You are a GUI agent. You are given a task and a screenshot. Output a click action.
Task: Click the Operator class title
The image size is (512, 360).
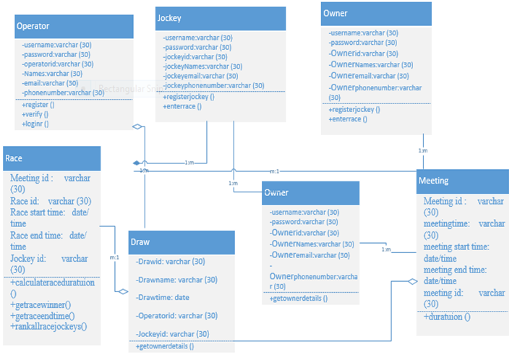point(33,26)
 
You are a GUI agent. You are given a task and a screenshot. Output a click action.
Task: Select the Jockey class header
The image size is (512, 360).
point(169,17)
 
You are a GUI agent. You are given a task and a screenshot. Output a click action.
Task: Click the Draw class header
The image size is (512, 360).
point(140,241)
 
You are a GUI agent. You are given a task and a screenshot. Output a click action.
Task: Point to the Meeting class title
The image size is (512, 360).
point(435,181)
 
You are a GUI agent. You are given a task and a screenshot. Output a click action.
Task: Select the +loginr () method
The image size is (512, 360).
point(35,124)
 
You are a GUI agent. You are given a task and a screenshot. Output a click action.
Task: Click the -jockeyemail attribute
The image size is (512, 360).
point(200,75)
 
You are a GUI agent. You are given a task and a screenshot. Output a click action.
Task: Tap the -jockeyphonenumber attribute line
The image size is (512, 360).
point(213,85)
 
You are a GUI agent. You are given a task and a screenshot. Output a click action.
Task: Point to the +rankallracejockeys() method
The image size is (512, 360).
point(48,326)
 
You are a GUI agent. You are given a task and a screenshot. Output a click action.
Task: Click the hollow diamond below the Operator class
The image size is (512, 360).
point(138,127)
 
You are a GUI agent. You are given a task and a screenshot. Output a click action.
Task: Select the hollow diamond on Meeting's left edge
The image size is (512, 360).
point(412,282)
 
